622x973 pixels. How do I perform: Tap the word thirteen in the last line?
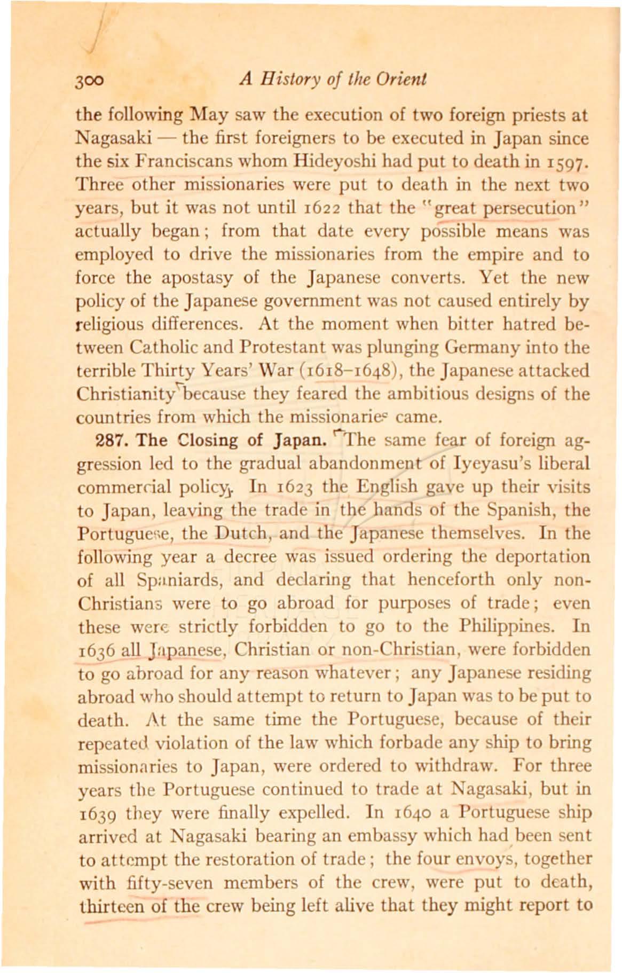click(109, 906)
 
